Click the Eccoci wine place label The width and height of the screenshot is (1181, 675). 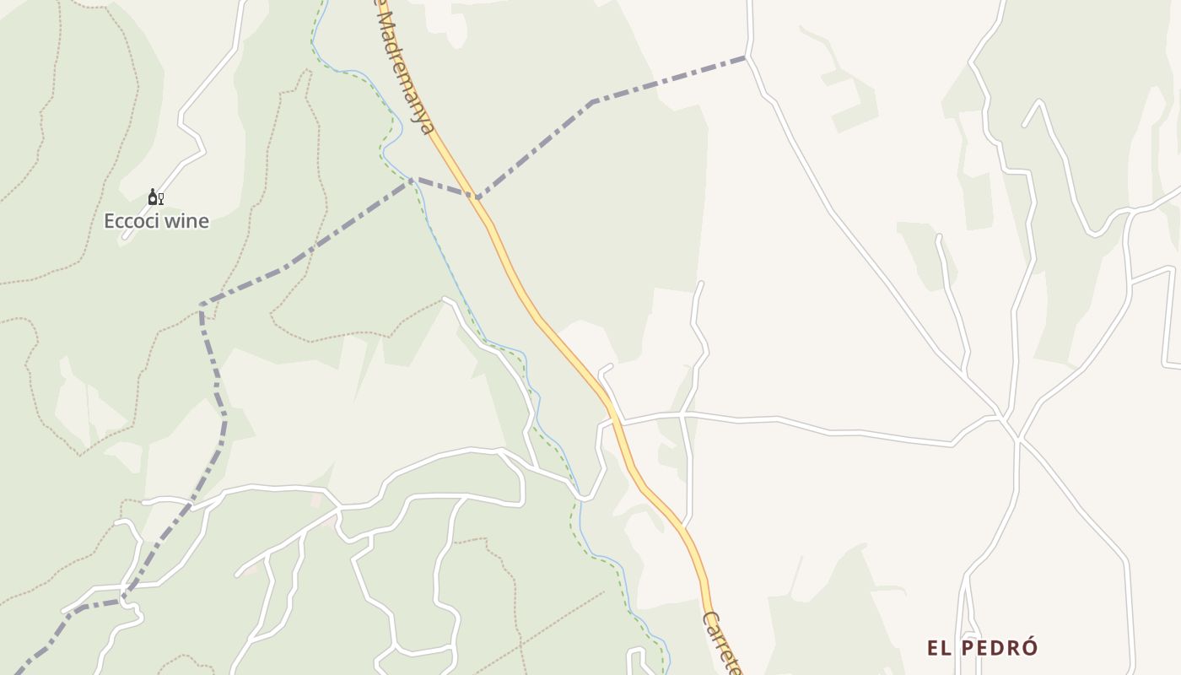[x=156, y=221]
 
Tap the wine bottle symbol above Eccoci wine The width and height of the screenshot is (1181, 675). [x=152, y=197]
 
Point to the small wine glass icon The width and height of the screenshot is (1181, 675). [x=160, y=199]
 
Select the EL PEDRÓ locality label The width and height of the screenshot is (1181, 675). [x=982, y=648]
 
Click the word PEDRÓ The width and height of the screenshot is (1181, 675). [x=998, y=648]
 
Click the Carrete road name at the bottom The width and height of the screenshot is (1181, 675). [x=722, y=643]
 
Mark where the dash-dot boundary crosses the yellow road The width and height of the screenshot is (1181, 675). [x=477, y=198]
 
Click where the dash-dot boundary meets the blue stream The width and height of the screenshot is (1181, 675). [x=413, y=179]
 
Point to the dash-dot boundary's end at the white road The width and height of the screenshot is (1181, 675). [x=747, y=57]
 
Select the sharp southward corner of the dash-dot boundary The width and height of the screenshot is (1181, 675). [x=202, y=305]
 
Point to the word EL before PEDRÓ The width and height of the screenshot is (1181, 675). [x=939, y=648]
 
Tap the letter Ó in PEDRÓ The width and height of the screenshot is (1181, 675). [x=1030, y=647]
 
